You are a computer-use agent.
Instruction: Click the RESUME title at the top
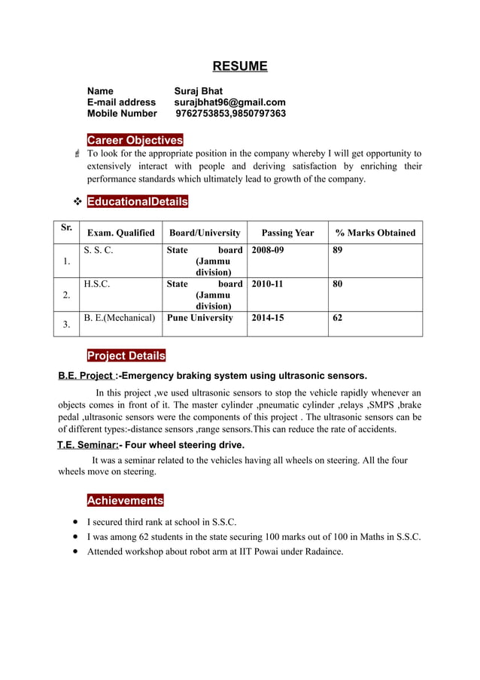(x=239, y=66)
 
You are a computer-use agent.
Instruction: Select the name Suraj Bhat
(x=199, y=91)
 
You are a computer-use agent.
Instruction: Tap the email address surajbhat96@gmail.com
(x=229, y=102)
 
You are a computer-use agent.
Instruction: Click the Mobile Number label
(x=122, y=114)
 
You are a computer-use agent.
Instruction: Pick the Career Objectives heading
(x=135, y=141)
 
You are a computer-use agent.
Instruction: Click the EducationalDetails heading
(x=138, y=202)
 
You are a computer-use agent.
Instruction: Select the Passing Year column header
(x=287, y=233)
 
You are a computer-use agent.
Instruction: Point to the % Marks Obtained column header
(x=375, y=233)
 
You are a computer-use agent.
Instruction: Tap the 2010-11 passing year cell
(x=267, y=284)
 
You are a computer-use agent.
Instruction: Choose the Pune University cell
(x=200, y=318)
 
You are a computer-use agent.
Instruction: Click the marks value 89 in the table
(x=338, y=250)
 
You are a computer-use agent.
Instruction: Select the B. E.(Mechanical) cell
(x=120, y=318)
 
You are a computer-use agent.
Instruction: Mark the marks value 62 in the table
(x=338, y=318)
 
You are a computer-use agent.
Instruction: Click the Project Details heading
(x=126, y=355)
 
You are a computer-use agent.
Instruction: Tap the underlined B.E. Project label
(x=87, y=376)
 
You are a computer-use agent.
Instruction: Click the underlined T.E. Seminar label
(x=87, y=445)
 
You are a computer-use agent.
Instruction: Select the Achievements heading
(x=125, y=501)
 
